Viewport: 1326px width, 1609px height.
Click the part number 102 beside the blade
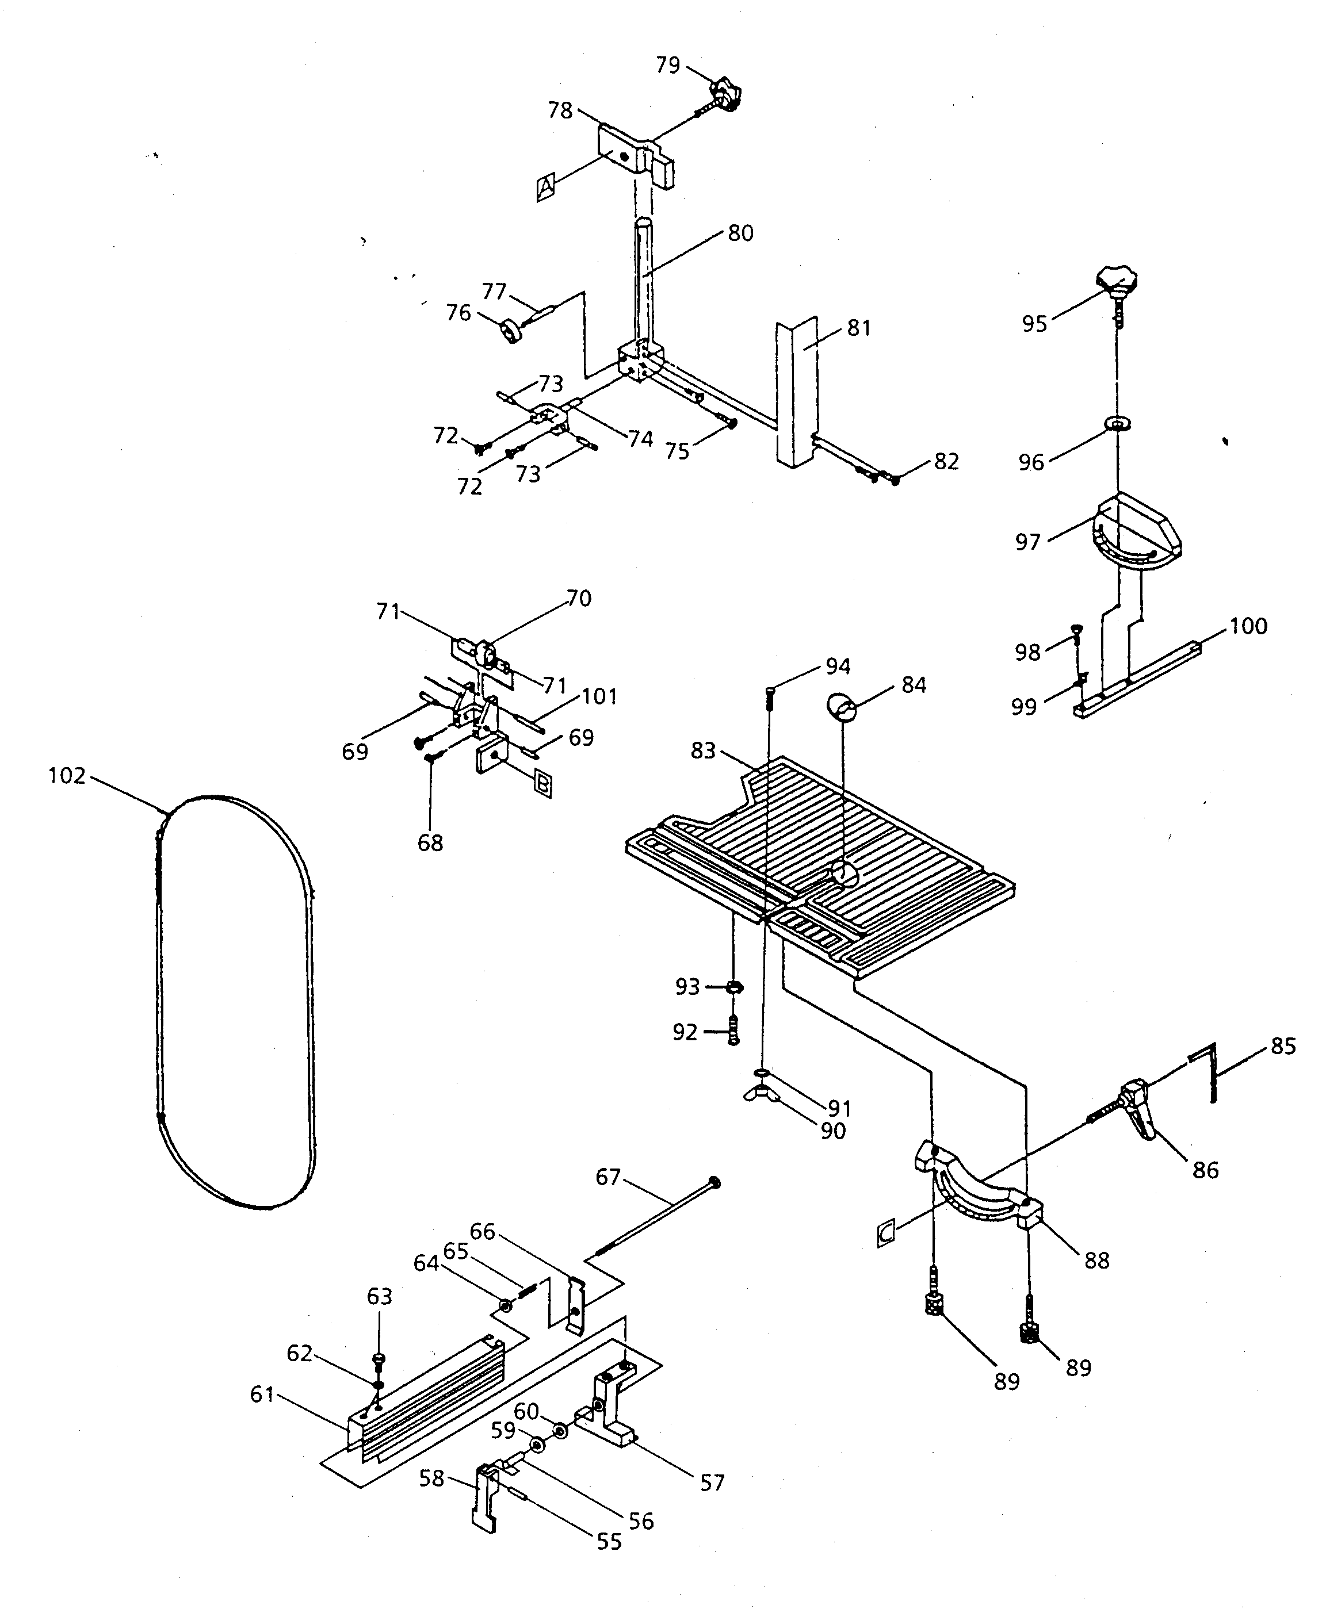(x=67, y=776)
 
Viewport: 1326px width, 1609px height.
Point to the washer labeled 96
(x=1117, y=423)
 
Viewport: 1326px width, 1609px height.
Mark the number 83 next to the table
(x=703, y=750)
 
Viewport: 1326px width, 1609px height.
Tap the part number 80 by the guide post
(x=740, y=233)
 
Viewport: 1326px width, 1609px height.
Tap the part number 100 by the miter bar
(x=1248, y=626)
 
